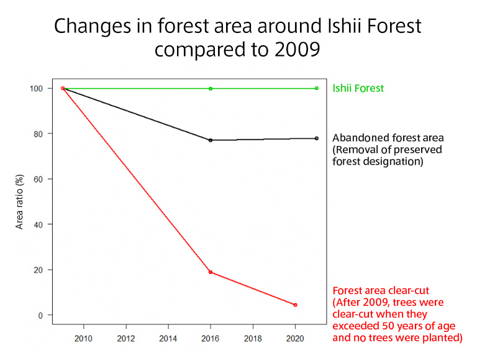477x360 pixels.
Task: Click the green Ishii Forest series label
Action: coord(358,88)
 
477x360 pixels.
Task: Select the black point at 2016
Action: coord(211,140)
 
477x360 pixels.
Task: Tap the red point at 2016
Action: coord(211,272)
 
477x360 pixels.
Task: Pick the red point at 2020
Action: coord(295,305)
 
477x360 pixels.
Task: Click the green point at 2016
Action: coord(211,88)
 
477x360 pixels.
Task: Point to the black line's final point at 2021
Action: coord(317,138)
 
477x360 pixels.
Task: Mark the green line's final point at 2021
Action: coord(317,88)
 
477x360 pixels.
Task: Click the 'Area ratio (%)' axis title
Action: coord(19,202)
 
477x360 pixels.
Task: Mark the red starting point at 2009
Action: coord(63,88)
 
